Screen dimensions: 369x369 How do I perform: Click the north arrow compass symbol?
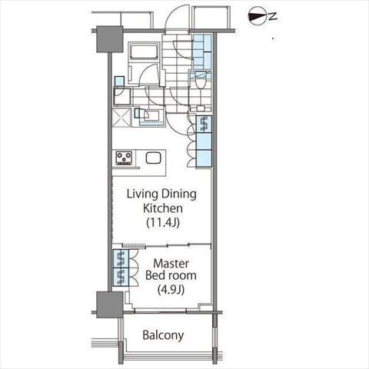(257, 16)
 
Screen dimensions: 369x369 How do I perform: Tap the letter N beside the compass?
(273, 16)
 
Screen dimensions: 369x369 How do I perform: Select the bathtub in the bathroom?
(143, 52)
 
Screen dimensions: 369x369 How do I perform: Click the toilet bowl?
(200, 82)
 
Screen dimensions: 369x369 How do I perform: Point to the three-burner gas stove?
(124, 158)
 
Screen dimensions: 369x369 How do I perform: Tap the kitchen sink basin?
(153, 158)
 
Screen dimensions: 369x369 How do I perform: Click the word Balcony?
(163, 335)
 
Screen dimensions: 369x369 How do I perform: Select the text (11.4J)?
(163, 222)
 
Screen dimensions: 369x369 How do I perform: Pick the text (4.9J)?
(171, 290)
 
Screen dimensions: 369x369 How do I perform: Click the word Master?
(171, 264)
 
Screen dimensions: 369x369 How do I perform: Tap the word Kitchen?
(163, 208)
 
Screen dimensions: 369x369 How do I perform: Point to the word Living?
(142, 194)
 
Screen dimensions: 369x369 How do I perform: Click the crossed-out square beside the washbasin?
(121, 118)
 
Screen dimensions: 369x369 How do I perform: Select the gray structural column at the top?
(110, 39)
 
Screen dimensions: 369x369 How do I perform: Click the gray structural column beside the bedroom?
(110, 304)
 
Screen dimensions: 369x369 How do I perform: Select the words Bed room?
(171, 275)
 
